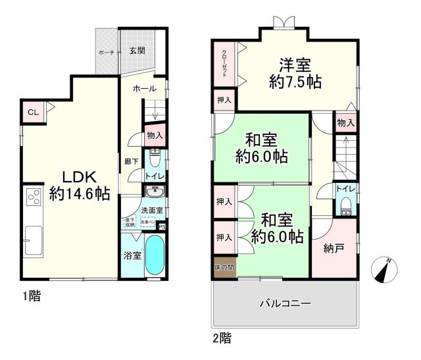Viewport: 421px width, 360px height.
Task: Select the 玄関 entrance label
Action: click(137, 51)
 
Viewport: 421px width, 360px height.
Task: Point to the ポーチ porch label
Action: click(106, 51)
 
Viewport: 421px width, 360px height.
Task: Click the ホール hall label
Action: click(143, 89)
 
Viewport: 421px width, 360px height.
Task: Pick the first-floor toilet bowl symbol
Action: click(155, 159)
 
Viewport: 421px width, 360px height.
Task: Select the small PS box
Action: click(162, 226)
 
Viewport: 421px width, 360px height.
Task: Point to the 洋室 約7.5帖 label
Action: click(295, 73)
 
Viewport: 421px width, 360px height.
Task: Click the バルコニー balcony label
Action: click(284, 303)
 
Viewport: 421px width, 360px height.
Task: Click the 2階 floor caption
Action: click(221, 339)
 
